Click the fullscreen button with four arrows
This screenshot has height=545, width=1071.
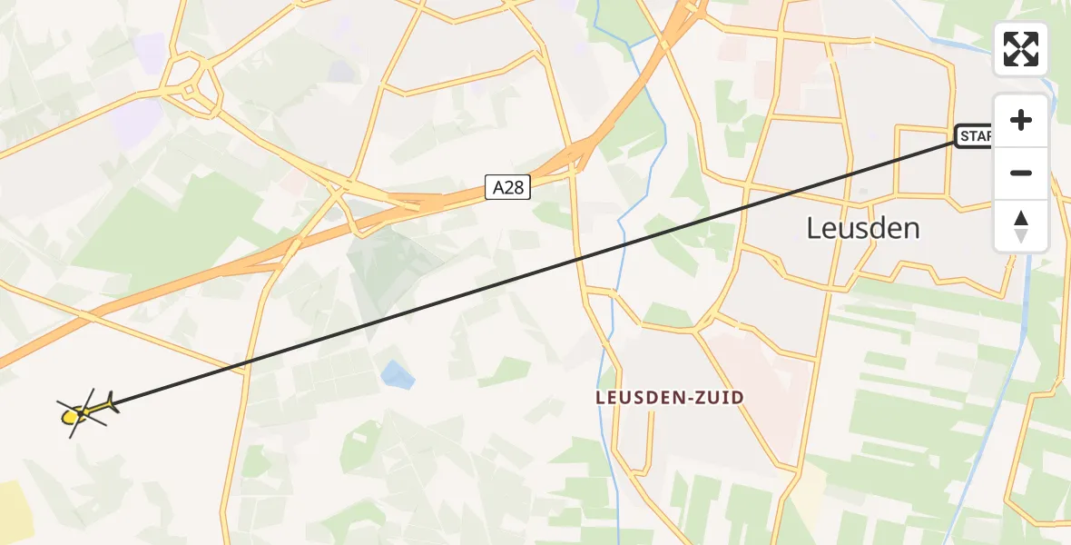1021,49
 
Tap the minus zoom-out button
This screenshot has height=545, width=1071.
1021,173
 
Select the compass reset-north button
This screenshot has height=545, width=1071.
1021,226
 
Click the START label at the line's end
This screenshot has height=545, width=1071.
974,136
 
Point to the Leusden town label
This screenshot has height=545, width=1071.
862,228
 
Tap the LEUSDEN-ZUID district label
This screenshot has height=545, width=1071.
670,397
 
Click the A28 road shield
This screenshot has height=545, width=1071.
507,187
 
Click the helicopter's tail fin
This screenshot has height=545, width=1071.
111,401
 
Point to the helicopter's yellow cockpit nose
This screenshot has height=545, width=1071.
69,417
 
